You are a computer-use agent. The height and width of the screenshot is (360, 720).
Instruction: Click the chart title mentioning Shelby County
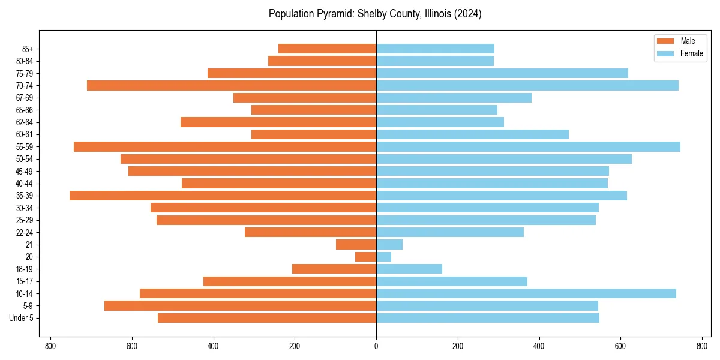(x=375, y=14)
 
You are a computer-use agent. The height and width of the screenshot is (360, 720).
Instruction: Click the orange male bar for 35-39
(x=223, y=196)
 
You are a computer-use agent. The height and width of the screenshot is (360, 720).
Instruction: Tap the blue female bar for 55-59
(x=528, y=146)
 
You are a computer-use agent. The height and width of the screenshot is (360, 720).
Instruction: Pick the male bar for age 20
(x=366, y=257)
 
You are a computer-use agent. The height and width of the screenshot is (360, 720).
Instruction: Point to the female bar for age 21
(x=389, y=244)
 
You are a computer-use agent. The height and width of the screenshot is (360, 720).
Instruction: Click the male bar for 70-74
(x=232, y=85)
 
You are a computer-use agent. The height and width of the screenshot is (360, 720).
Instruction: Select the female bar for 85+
(x=435, y=49)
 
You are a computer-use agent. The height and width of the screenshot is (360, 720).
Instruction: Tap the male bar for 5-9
(x=240, y=305)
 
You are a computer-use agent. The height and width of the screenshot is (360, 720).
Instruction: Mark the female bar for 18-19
(x=409, y=269)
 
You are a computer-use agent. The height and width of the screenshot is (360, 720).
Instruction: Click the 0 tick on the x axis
(x=376, y=346)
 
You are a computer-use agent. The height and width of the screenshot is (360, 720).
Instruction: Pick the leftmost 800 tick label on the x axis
(x=50, y=346)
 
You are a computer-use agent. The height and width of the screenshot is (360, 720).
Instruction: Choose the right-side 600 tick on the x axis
(x=620, y=346)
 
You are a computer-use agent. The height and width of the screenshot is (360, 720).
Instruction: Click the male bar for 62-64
(x=278, y=122)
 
